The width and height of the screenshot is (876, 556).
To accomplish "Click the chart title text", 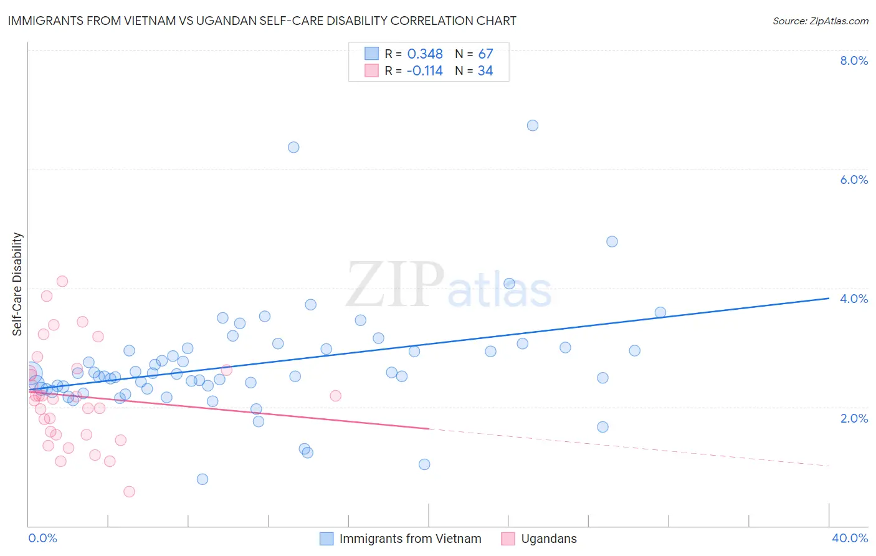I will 262,21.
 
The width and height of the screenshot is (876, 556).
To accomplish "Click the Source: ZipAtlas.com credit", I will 820,21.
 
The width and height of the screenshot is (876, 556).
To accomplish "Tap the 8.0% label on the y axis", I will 854,60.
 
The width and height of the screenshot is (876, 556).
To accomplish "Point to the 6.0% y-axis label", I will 854,180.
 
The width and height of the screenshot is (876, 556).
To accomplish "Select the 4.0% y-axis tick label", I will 854,299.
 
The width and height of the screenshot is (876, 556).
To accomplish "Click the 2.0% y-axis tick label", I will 854,418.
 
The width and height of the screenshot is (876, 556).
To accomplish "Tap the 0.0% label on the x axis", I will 42,538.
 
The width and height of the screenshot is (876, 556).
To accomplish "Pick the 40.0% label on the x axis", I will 849,538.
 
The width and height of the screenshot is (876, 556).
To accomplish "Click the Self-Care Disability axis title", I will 17,284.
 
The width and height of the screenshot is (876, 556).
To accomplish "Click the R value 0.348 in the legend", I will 425,54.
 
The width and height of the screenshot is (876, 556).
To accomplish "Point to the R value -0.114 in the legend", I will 424,71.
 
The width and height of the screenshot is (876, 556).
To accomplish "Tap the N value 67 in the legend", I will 485,54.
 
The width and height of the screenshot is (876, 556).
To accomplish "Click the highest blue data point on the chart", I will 533,125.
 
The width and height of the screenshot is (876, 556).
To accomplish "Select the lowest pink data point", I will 129,492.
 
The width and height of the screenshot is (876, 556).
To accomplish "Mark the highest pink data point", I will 62,281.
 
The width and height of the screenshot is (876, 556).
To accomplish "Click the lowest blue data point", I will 202,479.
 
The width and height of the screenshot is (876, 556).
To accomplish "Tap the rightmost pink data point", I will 335,396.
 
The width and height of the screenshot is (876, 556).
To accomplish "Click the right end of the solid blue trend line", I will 829,298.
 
